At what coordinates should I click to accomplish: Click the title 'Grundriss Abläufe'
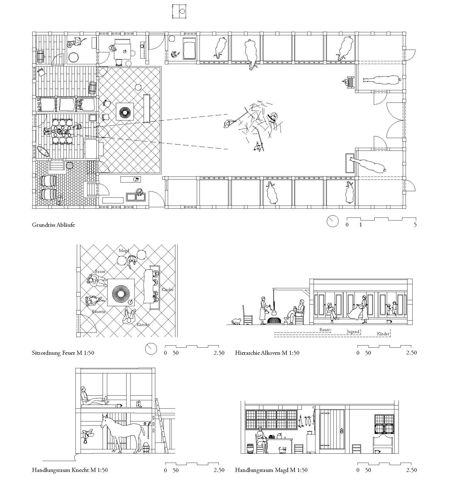tap(53, 225)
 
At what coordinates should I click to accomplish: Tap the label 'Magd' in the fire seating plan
tap(124, 251)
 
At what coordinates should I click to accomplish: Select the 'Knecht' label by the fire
tap(143, 325)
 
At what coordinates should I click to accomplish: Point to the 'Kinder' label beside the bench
tap(167, 290)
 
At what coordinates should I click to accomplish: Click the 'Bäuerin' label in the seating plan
tap(99, 312)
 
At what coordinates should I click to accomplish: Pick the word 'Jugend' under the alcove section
tap(353, 331)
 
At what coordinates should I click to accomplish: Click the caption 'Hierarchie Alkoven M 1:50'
tap(267, 353)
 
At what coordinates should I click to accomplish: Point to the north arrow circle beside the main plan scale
tap(333, 221)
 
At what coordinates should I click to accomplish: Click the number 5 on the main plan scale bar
tap(415, 225)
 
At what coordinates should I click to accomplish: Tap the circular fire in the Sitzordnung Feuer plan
tap(121, 292)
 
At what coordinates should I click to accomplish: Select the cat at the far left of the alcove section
tap(236, 321)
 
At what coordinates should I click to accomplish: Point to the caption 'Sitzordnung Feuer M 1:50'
tap(63, 353)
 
